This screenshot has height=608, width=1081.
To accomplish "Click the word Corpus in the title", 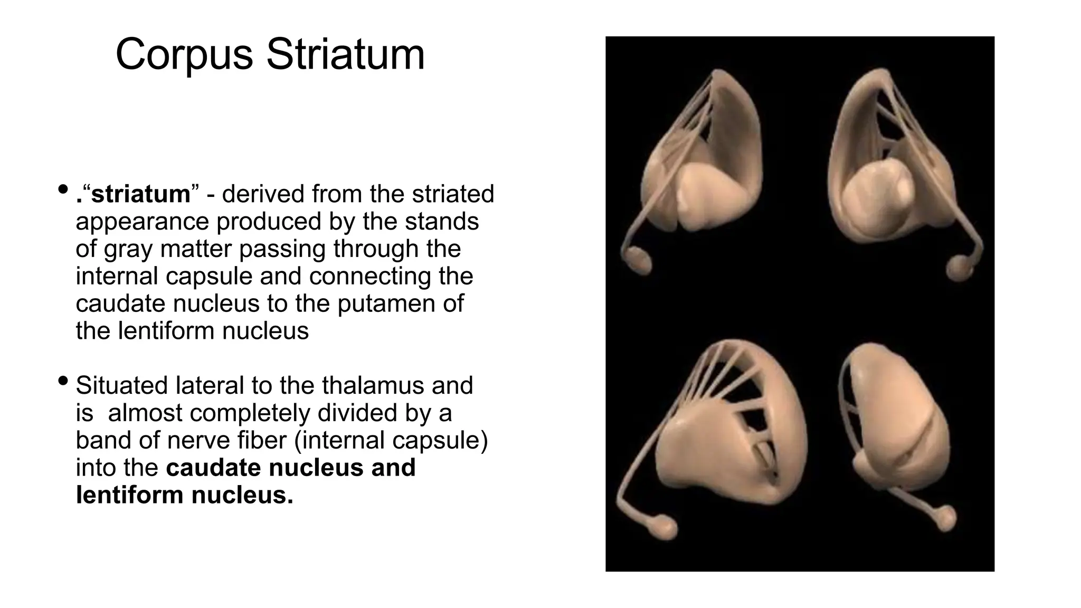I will (184, 55).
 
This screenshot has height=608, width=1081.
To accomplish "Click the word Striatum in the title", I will (345, 55).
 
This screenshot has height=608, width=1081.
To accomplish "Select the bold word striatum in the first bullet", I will (140, 194).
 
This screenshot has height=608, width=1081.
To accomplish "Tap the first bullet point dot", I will (63, 188).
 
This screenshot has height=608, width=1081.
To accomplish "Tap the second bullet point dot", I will (63, 380).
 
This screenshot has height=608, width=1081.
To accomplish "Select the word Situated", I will (123, 385).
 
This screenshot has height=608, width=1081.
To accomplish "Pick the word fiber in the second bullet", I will (261, 440).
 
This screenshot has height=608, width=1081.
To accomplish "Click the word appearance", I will (142, 222).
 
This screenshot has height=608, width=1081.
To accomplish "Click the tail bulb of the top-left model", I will (639, 260).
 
